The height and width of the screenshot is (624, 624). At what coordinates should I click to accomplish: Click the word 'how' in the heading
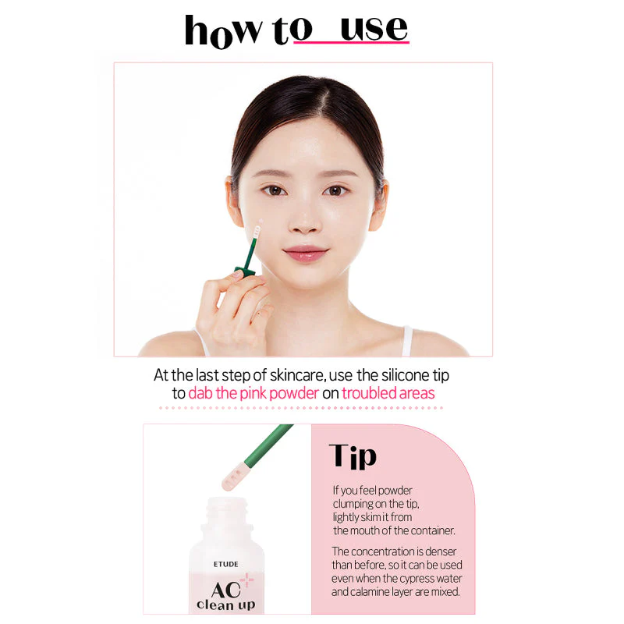[223, 31]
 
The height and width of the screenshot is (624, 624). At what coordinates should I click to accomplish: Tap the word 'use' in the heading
[374, 28]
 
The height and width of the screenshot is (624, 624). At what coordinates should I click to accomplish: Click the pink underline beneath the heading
[352, 41]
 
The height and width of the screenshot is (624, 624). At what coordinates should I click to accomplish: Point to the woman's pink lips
[305, 253]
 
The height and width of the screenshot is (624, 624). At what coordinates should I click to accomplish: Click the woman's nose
[303, 221]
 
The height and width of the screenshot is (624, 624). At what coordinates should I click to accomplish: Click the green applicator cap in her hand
[244, 271]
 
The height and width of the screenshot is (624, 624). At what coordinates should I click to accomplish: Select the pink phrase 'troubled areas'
[388, 393]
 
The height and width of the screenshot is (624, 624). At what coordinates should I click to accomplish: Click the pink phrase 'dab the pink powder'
[253, 393]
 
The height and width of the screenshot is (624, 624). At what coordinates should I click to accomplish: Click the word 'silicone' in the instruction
[405, 375]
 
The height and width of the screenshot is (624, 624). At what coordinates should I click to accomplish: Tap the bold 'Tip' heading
[353, 456]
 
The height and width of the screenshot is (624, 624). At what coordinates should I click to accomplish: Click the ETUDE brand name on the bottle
[225, 564]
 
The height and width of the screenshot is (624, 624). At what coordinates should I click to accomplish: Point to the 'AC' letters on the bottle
[225, 590]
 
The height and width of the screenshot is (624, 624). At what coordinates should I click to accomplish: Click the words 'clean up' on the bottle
[225, 605]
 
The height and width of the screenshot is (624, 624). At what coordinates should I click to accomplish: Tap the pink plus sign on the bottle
[246, 580]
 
